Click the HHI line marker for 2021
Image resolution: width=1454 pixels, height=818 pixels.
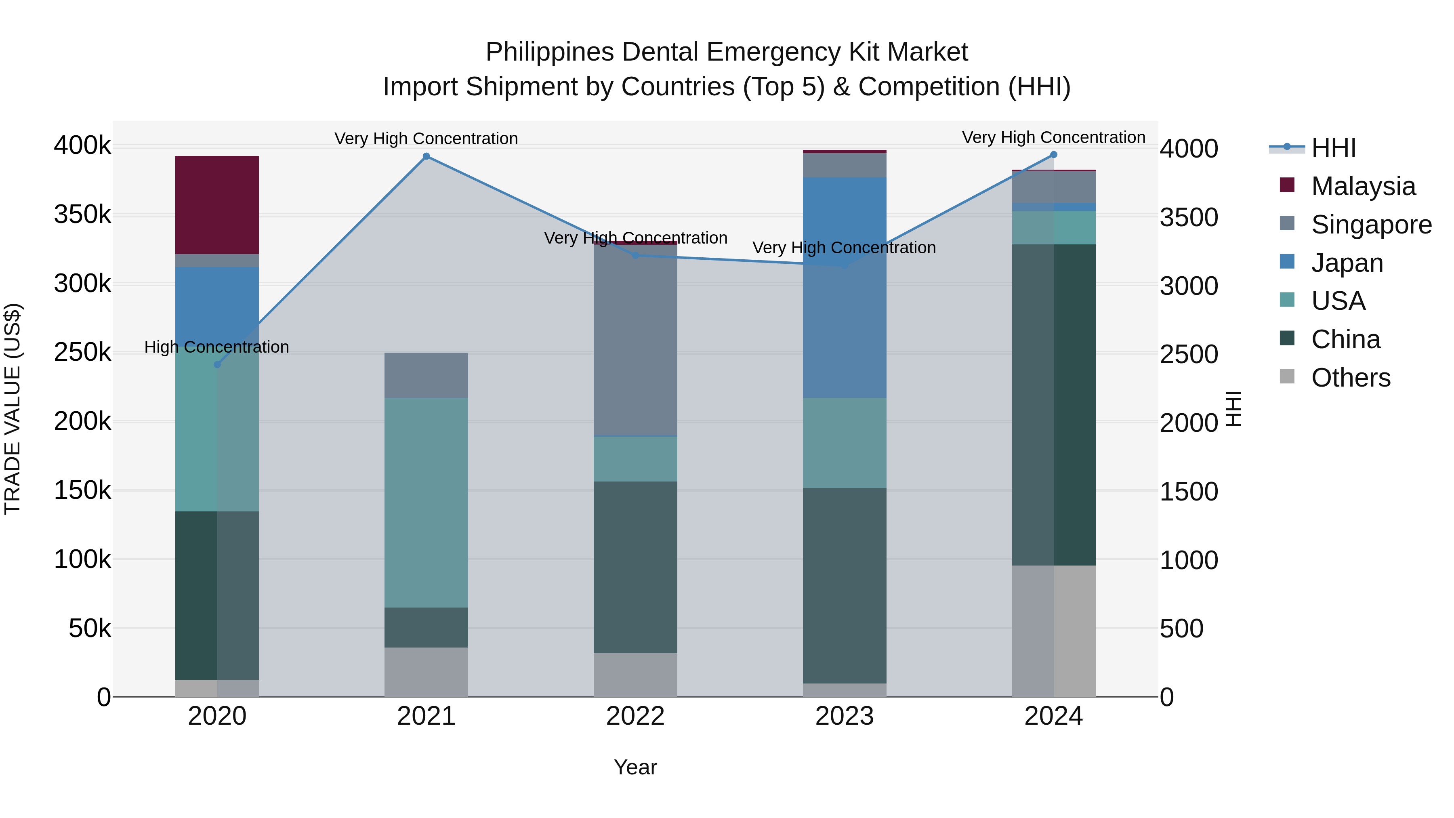point(426,156)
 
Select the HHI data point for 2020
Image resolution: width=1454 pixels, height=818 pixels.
point(217,365)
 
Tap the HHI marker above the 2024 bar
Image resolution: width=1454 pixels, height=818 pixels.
point(1053,155)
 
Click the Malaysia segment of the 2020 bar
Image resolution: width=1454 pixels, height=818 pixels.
point(217,205)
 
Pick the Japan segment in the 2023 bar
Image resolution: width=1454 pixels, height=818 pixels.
point(845,288)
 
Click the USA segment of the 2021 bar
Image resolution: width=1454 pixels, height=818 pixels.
point(426,503)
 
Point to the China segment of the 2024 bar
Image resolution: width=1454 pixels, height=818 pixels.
point(1053,404)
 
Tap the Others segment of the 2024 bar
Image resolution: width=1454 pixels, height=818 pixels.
point(1053,631)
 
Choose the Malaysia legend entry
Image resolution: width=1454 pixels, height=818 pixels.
point(1363,186)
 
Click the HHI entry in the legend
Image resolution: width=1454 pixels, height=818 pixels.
point(1333,148)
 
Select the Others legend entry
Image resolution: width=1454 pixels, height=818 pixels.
point(1350,378)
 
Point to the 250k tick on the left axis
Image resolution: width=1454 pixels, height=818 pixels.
point(82,353)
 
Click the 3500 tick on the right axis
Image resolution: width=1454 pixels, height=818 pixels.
point(1189,217)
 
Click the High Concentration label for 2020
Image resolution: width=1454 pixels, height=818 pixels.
point(217,347)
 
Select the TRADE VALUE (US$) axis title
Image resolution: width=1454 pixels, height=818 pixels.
point(13,409)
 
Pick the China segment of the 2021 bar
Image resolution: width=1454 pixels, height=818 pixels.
point(426,627)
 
